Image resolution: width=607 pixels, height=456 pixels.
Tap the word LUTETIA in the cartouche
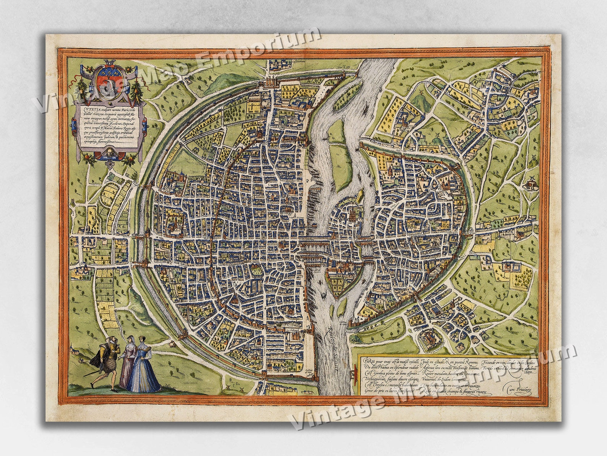tap(85, 108)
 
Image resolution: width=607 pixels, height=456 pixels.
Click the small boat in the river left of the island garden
tap(324, 295)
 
